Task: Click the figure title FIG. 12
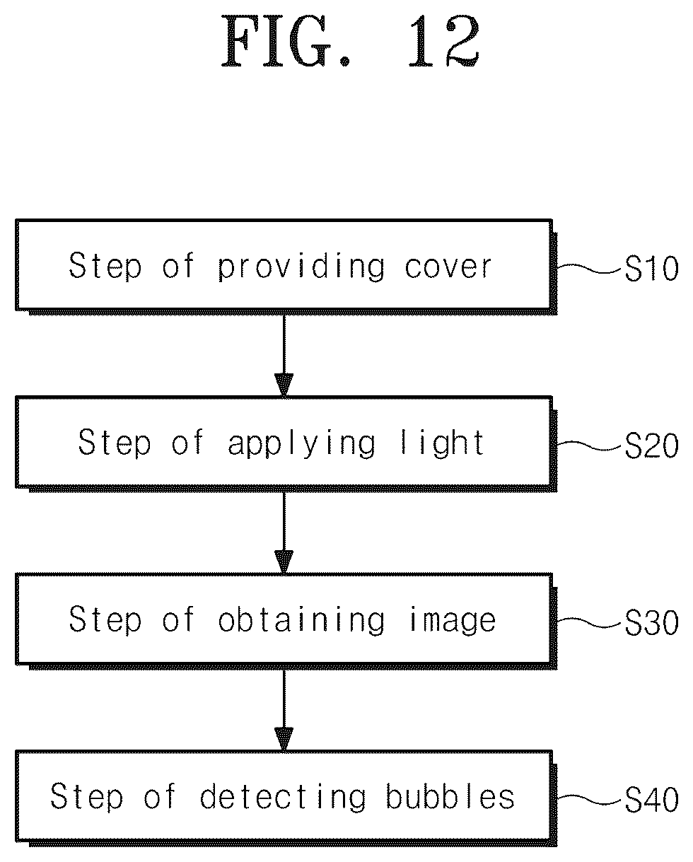[351, 41]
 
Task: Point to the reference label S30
[651, 622]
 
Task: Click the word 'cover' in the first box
[448, 267]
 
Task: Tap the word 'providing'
[301, 267]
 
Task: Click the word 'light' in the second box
[443, 443]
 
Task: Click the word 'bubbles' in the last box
[450, 796]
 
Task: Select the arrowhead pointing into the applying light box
[284, 385]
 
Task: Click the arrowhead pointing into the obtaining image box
[284, 562]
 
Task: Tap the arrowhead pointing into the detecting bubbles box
[284, 739]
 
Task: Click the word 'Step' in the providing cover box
[105, 266]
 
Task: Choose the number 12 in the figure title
[444, 41]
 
